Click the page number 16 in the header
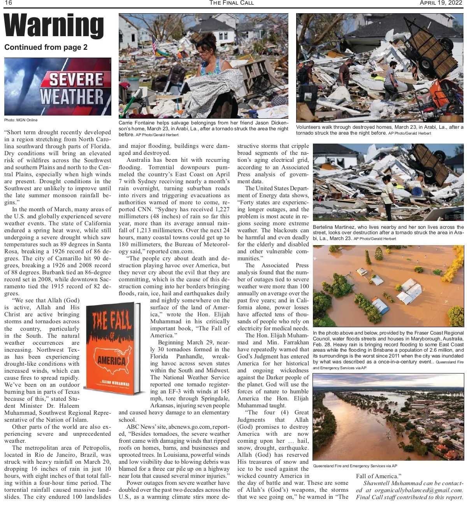pos(8,3)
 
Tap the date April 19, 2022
pos(441,3)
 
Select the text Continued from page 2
pos(46,47)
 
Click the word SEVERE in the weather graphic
pos(76,80)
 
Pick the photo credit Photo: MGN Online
pos(21,120)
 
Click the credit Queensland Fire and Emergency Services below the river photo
pos(355,466)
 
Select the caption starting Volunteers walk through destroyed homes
pos(379,130)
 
